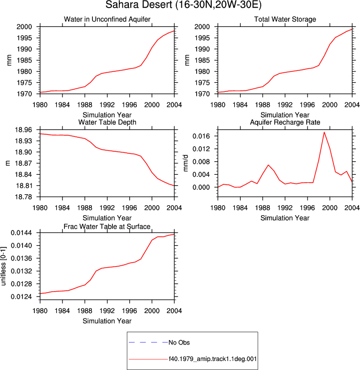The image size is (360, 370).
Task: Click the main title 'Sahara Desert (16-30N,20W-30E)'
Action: click(183, 4)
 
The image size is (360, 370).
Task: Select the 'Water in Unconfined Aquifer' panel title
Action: click(107, 19)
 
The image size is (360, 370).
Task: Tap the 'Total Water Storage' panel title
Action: click(285, 19)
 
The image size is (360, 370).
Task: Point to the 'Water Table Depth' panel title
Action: click(107, 122)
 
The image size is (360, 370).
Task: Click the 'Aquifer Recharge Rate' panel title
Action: click(285, 122)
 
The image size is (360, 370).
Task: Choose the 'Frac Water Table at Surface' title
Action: click(107, 227)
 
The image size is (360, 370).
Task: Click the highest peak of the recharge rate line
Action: click(324, 132)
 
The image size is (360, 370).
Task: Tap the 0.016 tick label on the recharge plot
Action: click(201, 136)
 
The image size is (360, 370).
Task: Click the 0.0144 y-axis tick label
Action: click(21, 233)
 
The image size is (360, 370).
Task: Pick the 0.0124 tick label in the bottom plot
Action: click(21, 297)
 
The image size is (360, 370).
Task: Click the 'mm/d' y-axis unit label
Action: click(186, 163)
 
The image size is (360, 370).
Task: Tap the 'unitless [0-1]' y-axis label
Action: click(3, 266)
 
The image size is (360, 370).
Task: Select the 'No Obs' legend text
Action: click(179, 343)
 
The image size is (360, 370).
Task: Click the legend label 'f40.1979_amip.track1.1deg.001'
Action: click(213, 359)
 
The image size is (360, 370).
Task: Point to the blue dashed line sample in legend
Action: click(148, 343)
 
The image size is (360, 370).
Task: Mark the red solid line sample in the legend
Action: click(148, 360)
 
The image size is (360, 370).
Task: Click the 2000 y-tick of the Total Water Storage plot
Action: click(202, 26)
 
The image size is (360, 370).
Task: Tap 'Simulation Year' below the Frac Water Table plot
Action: click(107, 321)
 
